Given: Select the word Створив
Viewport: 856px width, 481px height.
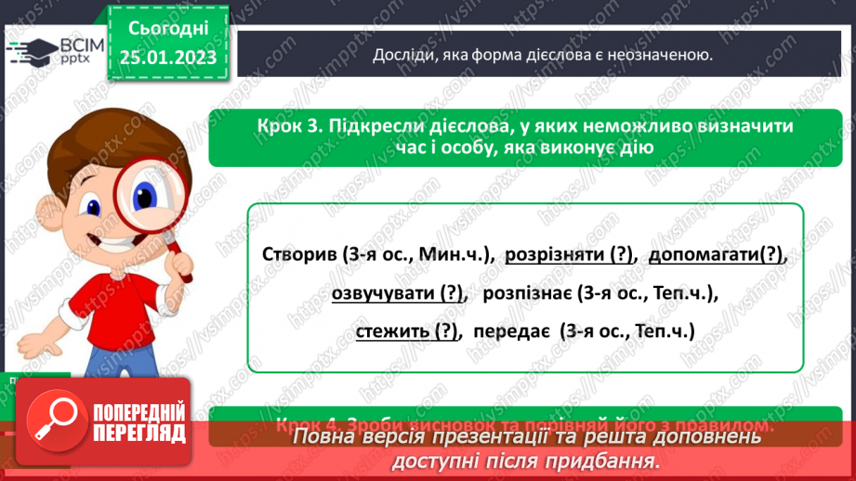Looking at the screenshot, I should click(293, 254).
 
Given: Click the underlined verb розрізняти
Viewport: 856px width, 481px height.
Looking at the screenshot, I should click(556, 254).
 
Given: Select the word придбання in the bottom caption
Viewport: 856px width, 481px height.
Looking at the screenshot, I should click(611, 460).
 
